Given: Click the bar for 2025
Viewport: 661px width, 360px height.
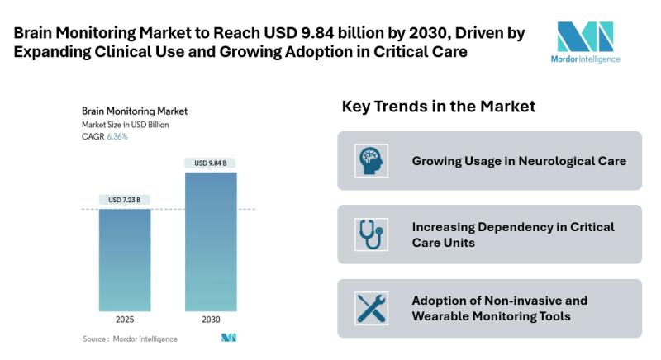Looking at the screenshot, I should pos(125,259).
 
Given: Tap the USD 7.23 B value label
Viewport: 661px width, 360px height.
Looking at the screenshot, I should pos(125,200).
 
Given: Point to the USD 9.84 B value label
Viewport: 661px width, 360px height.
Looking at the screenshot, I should pos(211,163).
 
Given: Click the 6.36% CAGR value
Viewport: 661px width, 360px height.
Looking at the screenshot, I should pos(117,137).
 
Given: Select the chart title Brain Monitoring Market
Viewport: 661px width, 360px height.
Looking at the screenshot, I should pos(135,110).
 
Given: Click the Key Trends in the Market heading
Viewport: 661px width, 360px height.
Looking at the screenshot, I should pos(439,107).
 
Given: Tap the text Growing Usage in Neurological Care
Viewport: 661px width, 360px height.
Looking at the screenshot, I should pos(519,160).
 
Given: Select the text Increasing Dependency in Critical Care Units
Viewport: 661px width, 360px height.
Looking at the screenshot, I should pos(513,234).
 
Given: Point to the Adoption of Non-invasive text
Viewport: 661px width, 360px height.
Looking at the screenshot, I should pos(499,301).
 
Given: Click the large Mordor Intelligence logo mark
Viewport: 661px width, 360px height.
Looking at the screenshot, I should pos(585,37).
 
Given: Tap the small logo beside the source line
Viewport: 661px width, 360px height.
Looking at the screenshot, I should pos(229,338).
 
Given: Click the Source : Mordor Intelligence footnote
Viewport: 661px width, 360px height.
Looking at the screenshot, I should pos(130,339).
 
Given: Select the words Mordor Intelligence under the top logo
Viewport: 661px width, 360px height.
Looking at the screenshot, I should pos(585,59).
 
